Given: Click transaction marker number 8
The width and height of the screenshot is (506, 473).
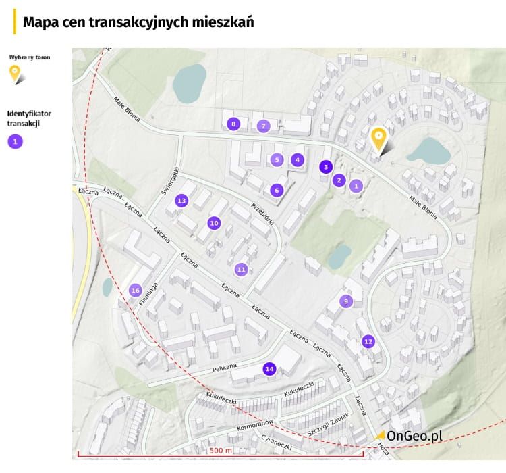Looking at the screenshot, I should click(x=233, y=124).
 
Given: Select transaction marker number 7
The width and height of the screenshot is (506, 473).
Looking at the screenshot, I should click(x=264, y=126).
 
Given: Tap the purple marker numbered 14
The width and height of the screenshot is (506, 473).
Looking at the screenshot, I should click(x=269, y=369).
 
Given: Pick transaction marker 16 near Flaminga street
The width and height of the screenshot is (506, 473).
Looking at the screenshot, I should click(x=136, y=291).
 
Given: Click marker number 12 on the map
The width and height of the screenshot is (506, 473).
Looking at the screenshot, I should click(x=368, y=342).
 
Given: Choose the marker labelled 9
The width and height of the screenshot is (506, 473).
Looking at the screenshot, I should click(x=346, y=301).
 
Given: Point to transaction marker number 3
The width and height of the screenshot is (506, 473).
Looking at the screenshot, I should click(x=326, y=167).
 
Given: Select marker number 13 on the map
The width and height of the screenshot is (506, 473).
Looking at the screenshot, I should click(x=181, y=201).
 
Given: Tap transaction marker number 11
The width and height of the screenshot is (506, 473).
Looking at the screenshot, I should click(x=241, y=270).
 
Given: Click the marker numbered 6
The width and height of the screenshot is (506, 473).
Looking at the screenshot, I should click(x=276, y=191).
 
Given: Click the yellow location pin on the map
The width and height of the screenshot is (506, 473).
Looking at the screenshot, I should click(x=378, y=140).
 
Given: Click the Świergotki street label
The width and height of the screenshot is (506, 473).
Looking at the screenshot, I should click(x=170, y=180).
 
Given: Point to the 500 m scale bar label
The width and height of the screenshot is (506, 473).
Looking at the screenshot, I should click(x=221, y=451).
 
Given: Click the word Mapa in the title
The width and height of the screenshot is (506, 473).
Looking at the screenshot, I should click(x=40, y=22).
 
